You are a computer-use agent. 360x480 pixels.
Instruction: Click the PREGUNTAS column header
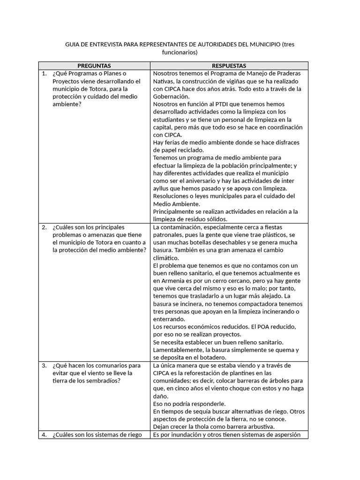94,66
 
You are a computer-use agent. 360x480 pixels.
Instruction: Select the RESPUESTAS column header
229,66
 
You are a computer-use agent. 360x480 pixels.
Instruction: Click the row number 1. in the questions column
44,74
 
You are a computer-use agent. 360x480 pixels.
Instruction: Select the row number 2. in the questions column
44,227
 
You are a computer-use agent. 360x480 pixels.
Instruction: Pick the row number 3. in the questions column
44,366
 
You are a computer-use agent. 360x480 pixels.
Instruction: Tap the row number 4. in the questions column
44,435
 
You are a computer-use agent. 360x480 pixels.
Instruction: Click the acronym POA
249,327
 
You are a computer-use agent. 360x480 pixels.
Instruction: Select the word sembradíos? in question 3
103,381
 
